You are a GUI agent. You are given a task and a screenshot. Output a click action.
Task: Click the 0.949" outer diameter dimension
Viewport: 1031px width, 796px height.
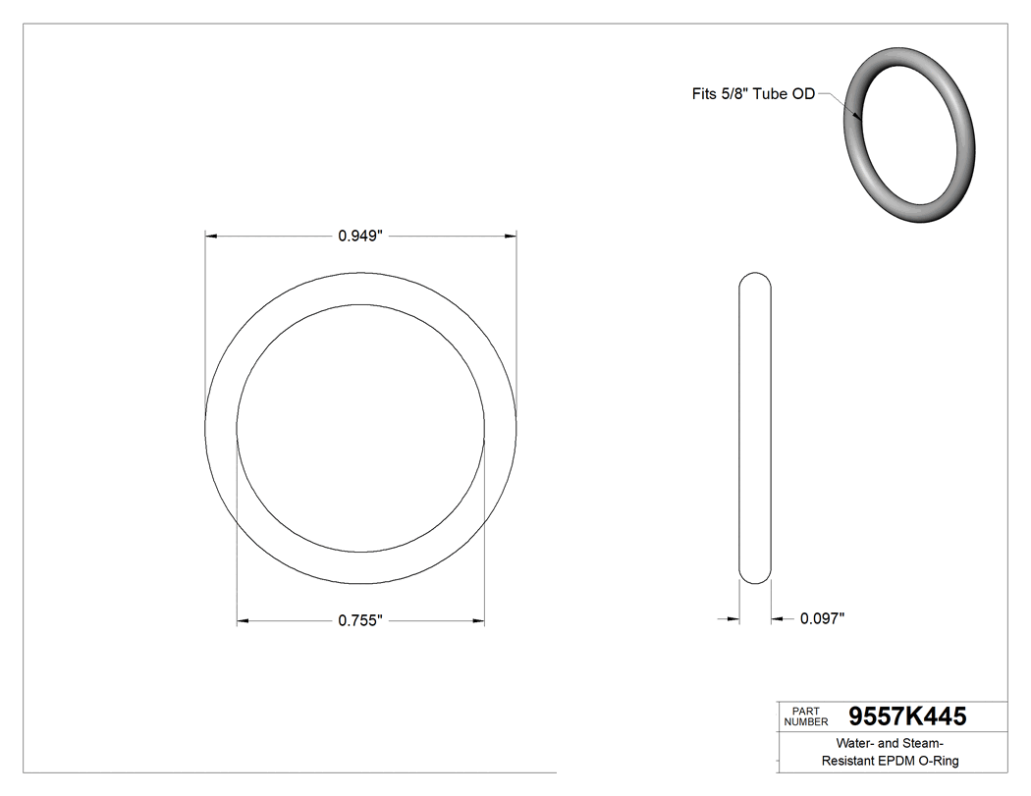(x=359, y=236)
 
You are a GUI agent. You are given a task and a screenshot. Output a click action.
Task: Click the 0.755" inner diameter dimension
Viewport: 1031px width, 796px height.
(x=359, y=620)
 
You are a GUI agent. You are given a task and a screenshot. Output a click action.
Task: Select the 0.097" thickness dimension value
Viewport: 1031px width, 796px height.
(x=822, y=618)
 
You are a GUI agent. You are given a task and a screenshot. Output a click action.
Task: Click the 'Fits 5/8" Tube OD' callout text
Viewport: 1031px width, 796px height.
(x=751, y=95)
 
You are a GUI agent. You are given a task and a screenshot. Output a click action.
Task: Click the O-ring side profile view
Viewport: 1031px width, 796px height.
(x=754, y=428)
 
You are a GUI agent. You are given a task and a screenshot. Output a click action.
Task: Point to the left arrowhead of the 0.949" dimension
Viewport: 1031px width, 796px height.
(x=211, y=236)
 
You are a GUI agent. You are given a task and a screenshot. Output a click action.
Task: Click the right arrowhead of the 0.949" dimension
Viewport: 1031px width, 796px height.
(x=511, y=236)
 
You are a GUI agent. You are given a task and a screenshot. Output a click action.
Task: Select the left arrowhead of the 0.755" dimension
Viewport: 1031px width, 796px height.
(x=244, y=620)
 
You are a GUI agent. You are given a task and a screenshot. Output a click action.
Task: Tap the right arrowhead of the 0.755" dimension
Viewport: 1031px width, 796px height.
(x=478, y=620)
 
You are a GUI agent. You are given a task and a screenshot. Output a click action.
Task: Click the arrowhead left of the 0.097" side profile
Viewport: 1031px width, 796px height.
(x=733, y=618)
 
